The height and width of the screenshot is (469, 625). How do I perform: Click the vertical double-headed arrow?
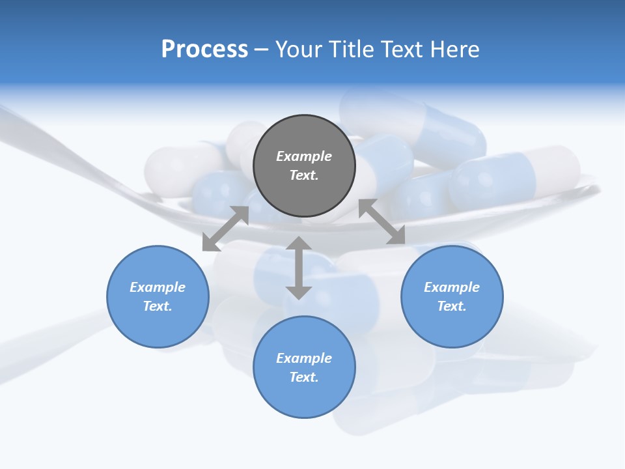299,268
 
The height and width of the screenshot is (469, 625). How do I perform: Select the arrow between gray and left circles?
225,229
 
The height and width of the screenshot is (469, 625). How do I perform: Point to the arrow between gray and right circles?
382,221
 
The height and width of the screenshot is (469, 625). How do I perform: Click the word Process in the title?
204,50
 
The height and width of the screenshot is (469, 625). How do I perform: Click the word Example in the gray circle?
304,156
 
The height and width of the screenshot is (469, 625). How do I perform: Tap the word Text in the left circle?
157,306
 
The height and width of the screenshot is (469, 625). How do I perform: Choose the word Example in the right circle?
452,287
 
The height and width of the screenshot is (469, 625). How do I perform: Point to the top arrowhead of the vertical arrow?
299,243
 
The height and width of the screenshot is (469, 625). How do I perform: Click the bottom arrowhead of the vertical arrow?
299,292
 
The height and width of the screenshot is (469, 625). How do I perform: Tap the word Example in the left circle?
158,287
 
